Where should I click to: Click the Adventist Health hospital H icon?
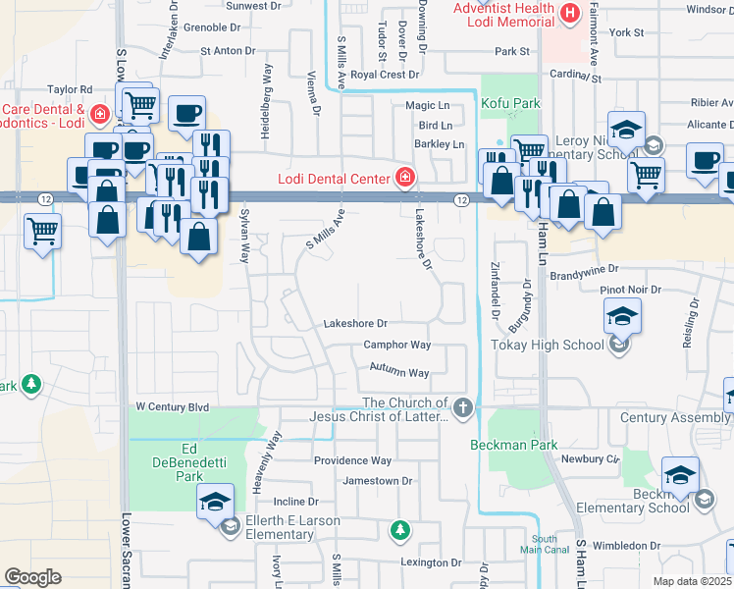pos(569,13)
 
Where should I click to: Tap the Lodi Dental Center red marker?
pos(404,177)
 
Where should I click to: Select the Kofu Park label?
pos(510,102)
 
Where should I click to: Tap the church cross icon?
pos(463,405)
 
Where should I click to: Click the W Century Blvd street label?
pos(173,406)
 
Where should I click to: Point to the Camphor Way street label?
pos(397,345)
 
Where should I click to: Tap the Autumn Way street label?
pos(399,372)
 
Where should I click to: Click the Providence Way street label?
pos(352,460)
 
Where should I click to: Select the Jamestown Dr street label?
pos(378,481)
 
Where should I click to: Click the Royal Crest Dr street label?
pos(385,74)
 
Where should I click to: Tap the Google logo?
pos(32,577)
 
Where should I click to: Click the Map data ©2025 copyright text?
pos(692,581)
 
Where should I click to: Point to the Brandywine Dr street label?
pos(585,267)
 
